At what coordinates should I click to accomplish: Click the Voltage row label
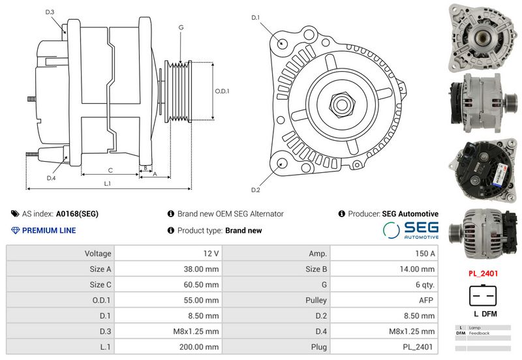(98, 253)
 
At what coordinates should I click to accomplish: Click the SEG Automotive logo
(410, 230)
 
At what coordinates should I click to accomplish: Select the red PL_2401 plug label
(483, 274)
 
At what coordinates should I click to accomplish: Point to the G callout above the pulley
(181, 27)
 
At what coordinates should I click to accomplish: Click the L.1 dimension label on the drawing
(108, 184)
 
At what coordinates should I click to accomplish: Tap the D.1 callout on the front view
(256, 18)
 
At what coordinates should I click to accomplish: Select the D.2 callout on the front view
(256, 190)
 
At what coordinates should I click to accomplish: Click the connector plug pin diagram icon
(483, 297)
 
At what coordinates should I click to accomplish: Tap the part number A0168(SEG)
(77, 214)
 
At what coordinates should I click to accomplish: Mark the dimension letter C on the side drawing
(110, 170)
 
